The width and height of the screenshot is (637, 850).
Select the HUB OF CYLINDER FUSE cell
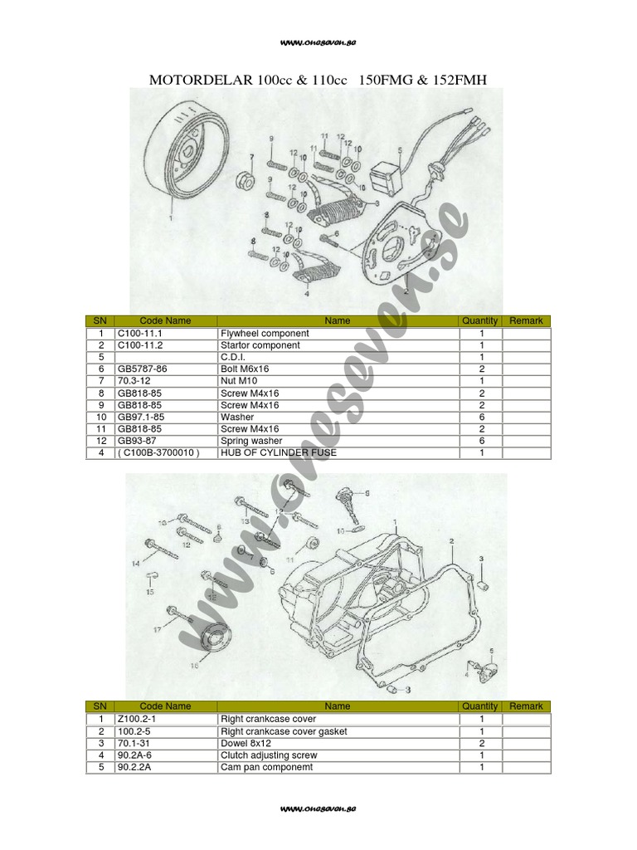tap(278, 452)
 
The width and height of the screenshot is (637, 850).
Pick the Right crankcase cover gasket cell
tap(283, 731)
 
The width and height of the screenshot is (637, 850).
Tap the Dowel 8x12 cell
tap(244, 744)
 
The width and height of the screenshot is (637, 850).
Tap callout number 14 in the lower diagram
tap(136, 564)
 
